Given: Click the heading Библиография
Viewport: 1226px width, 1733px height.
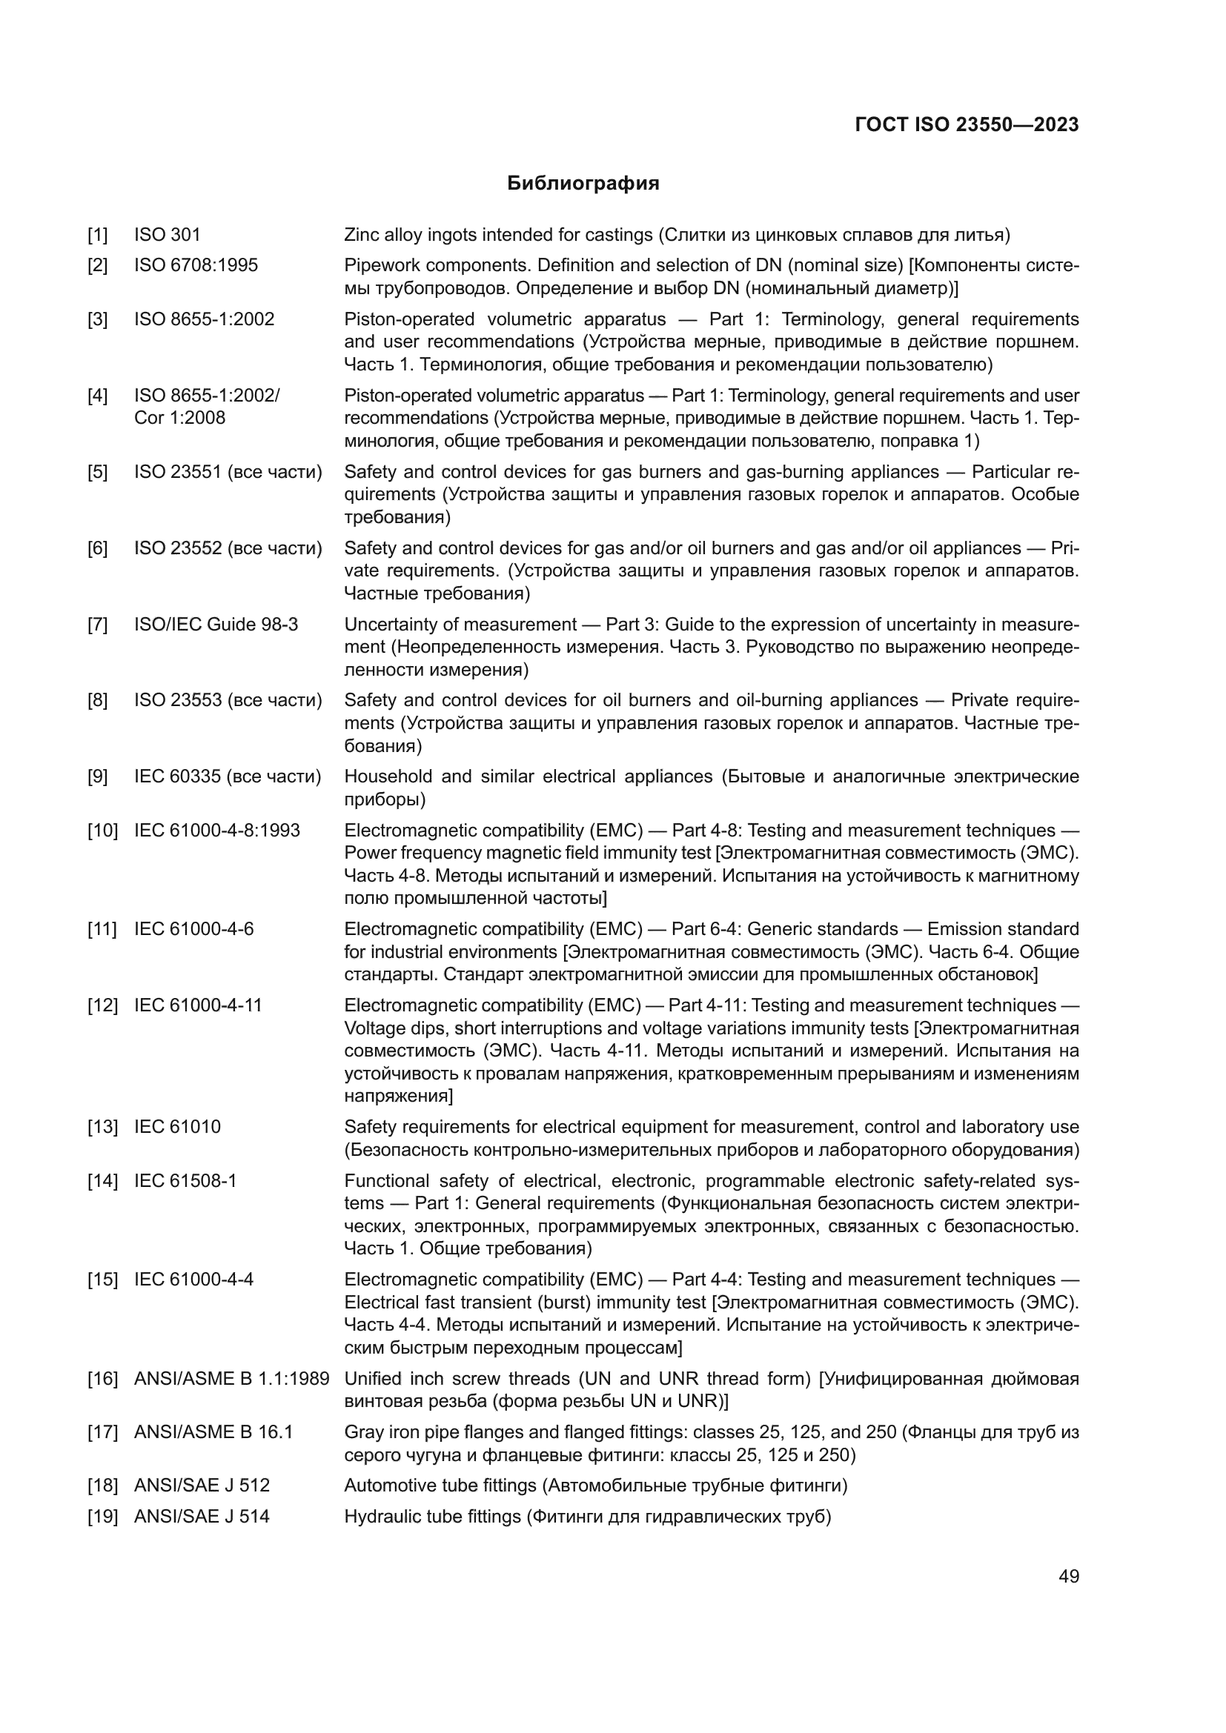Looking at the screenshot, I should coord(583,184).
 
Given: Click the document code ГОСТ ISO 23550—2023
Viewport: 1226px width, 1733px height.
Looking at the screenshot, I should coord(967,124).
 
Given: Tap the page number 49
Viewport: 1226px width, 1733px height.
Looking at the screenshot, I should coord(1068,1576).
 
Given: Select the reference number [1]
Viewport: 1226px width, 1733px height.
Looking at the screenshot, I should coord(97,235).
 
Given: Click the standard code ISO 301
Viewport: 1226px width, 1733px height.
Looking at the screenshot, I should coord(167,235).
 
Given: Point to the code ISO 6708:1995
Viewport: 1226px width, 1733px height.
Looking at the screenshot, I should coord(196,265).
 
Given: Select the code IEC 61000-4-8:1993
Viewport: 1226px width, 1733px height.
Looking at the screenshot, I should coord(216,831).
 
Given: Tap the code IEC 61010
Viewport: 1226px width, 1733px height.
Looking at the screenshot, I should coord(177,1127).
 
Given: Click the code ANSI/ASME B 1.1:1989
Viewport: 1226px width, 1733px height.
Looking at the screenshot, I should coord(231,1378).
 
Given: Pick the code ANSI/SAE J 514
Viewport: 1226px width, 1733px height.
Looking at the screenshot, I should coord(202,1517).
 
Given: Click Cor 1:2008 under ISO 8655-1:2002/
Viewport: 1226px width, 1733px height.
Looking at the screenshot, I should coord(179,417).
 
